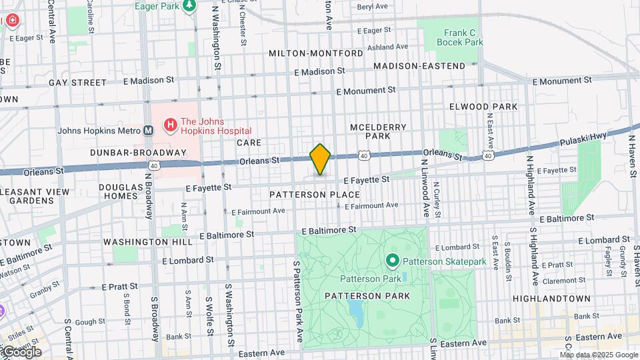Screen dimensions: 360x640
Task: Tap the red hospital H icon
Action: (x=170, y=125)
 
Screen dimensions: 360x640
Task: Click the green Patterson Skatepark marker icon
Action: (x=393, y=261)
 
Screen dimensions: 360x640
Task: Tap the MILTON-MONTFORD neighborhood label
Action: (x=316, y=53)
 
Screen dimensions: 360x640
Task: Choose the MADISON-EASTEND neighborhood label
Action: (x=419, y=66)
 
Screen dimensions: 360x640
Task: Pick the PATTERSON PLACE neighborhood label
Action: (x=315, y=195)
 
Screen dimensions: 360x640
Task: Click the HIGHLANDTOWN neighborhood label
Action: (x=551, y=298)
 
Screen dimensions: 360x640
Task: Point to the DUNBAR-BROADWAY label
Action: (x=139, y=152)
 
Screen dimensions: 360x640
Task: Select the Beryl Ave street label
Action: (x=372, y=6)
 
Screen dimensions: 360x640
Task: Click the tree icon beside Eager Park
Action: (x=190, y=6)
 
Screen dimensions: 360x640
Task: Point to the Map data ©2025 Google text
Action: (x=598, y=355)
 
